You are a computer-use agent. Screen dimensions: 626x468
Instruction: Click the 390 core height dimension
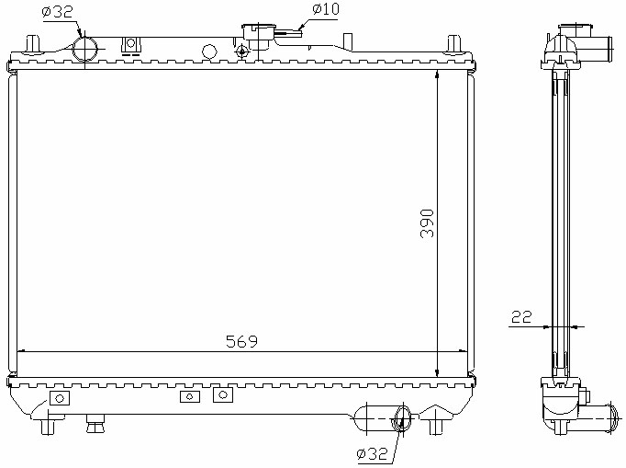click(427, 223)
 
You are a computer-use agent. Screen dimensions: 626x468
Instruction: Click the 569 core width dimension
click(242, 341)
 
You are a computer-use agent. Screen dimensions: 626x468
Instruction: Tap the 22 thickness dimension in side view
click(521, 317)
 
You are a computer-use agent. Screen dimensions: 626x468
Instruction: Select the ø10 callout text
click(325, 9)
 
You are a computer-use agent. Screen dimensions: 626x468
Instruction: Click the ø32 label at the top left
click(57, 12)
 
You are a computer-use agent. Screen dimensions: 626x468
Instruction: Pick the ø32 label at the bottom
click(372, 453)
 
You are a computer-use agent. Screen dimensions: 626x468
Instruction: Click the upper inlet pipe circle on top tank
click(84, 49)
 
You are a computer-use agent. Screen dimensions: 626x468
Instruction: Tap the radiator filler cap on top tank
click(259, 32)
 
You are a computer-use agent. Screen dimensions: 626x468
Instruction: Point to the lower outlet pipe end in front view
click(402, 418)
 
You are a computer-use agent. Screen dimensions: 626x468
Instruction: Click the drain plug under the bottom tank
click(95, 424)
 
